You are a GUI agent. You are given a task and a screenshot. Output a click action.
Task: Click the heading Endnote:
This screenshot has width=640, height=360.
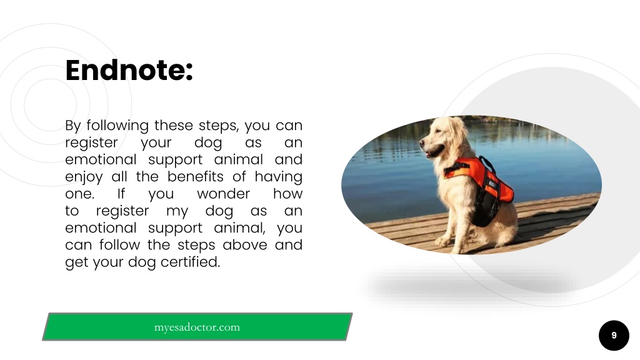[129, 70]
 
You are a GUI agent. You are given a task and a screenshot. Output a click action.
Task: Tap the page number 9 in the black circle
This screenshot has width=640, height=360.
[614, 336]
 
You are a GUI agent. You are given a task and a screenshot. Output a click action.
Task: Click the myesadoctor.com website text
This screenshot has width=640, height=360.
[197, 327]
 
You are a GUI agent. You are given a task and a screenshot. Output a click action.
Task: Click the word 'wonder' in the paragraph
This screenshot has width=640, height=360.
[223, 194]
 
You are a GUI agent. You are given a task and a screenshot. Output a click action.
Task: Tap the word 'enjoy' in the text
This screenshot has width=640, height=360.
[84, 177]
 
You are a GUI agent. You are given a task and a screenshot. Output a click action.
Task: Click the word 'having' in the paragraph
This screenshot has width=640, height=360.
[278, 177]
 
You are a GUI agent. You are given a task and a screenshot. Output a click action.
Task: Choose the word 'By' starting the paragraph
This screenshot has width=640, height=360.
[73, 126]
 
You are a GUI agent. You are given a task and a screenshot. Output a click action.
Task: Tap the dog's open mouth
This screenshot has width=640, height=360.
[430, 151]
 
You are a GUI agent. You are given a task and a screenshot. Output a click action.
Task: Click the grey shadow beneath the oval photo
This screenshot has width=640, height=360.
[469, 284]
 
